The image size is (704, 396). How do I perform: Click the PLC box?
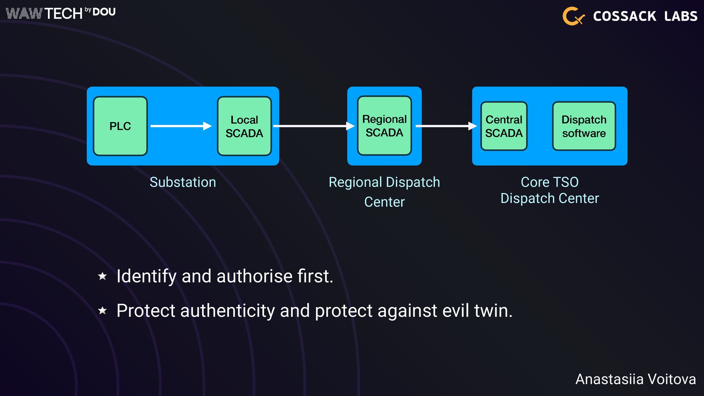(x=120, y=126)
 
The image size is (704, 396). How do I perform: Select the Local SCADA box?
(x=244, y=126)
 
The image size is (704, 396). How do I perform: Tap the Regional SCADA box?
(x=384, y=126)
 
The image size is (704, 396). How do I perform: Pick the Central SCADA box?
(x=504, y=126)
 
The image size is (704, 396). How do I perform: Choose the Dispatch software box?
(x=584, y=126)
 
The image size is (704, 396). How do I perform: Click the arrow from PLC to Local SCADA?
(x=181, y=126)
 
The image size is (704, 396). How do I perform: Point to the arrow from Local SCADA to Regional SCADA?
(x=313, y=126)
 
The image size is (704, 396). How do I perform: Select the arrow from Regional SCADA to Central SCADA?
(x=446, y=126)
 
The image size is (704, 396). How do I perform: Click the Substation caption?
(x=183, y=182)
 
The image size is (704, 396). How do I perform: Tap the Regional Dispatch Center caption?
(x=384, y=192)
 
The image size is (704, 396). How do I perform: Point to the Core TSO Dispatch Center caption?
(x=550, y=190)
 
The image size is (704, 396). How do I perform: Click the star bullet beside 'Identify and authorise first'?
(x=102, y=276)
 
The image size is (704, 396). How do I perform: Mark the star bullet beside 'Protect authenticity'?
(x=102, y=311)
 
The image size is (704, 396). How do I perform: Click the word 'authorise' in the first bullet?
(x=254, y=276)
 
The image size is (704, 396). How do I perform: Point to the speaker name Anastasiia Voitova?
(x=635, y=379)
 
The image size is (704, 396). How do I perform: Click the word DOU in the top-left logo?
(x=104, y=12)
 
